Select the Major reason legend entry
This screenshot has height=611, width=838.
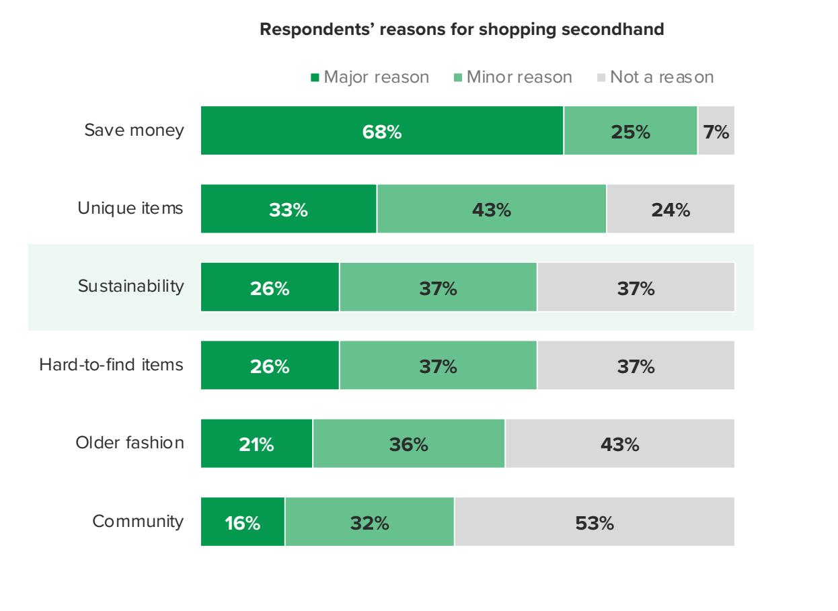[x=369, y=77]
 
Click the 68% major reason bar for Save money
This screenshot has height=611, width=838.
[x=382, y=130]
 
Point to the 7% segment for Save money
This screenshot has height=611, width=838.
[x=716, y=130]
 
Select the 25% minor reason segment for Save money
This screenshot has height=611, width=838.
[x=631, y=130]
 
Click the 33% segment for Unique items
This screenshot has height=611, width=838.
[x=289, y=209]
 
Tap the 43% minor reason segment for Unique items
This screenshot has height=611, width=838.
[x=492, y=209]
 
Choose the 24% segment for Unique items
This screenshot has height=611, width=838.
[x=671, y=209]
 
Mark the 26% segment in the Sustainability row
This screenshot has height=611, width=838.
[x=270, y=288]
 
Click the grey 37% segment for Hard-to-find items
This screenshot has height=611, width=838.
[x=636, y=366]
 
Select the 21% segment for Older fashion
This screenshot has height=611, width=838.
[x=257, y=444]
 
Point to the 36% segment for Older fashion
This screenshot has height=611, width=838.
[x=409, y=444]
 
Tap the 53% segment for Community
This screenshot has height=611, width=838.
[x=595, y=522]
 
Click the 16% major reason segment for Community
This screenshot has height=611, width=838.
[x=243, y=522]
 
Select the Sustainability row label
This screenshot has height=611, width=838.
[x=130, y=287]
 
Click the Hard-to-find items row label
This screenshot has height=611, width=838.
[x=111, y=365]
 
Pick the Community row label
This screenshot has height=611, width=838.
[x=138, y=522]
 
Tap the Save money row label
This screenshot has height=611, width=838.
[x=134, y=130]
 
